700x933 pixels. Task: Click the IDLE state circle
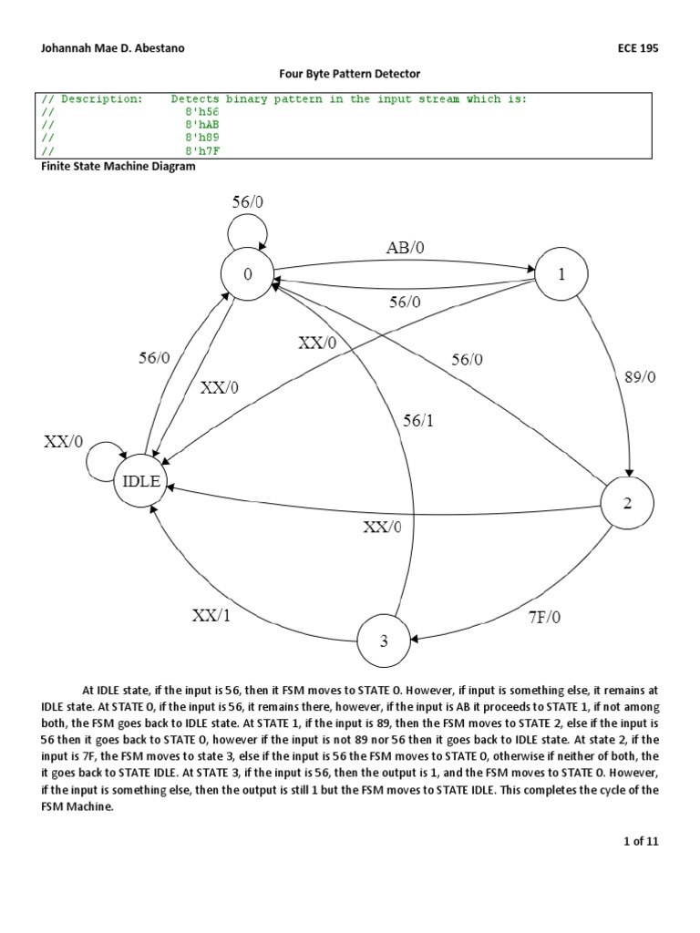coord(141,482)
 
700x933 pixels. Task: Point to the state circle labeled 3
coord(384,641)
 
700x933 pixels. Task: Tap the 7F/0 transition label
coord(545,617)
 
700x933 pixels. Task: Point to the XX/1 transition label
coord(211,615)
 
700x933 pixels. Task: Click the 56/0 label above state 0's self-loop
coord(249,201)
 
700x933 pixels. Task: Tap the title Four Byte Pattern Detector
coord(349,73)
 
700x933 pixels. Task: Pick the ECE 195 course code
coord(637,48)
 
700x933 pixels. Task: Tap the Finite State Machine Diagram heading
coord(119,167)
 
